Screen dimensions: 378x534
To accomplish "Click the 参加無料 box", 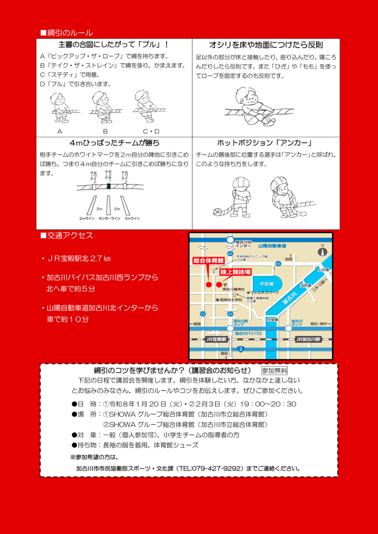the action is tap(274, 371).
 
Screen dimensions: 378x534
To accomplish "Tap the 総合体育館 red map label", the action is tap(208, 260).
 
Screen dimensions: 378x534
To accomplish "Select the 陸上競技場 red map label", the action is tap(235, 272).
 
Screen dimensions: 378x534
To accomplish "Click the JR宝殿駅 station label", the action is tap(216, 339).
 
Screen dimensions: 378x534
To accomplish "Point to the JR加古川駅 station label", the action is tap(308, 339).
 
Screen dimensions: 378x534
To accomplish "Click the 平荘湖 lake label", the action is tap(267, 284).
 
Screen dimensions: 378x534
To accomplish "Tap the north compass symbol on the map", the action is tap(323, 252).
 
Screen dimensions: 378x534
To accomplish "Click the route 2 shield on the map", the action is tap(241, 349).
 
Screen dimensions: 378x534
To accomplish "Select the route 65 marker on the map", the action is tap(278, 264).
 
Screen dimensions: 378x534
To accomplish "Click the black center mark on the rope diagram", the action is tap(109, 186).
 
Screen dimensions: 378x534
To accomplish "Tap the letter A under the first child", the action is tap(60, 131).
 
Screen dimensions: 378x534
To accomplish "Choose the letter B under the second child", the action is tap(105, 131).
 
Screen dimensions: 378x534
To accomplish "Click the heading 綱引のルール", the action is tap(67, 33).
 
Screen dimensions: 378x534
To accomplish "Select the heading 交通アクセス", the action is tap(67, 235).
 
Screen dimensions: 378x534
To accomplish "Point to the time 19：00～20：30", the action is tap(268, 404).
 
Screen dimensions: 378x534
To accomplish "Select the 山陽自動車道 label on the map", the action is tap(272, 246).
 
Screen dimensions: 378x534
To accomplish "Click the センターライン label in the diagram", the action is tap(109, 219).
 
